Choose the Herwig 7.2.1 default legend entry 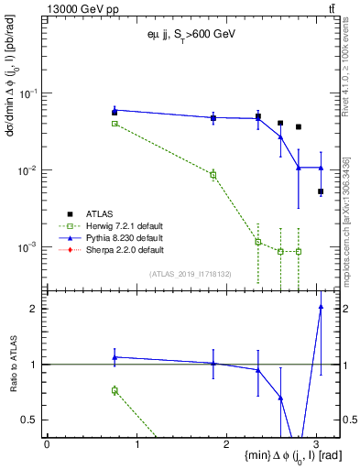(x=118, y=227)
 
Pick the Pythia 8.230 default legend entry (x=118, y=238)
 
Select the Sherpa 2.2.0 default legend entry (x=118, y=249)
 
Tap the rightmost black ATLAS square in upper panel (x=321, y=191)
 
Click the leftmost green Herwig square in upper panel (x=115, y=123)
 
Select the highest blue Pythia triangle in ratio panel (x=321, y=307)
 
